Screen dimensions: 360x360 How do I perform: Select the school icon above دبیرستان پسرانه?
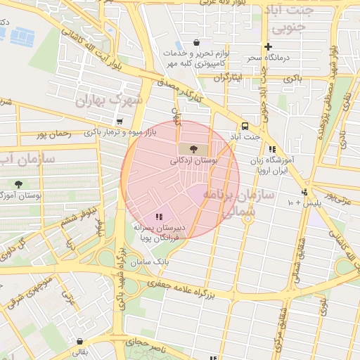(159, 217)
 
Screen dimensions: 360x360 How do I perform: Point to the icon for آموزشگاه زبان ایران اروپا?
(271, 149)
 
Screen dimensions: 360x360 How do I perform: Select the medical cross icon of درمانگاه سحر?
(267, 46)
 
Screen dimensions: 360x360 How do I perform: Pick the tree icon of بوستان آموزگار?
(18, 184)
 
